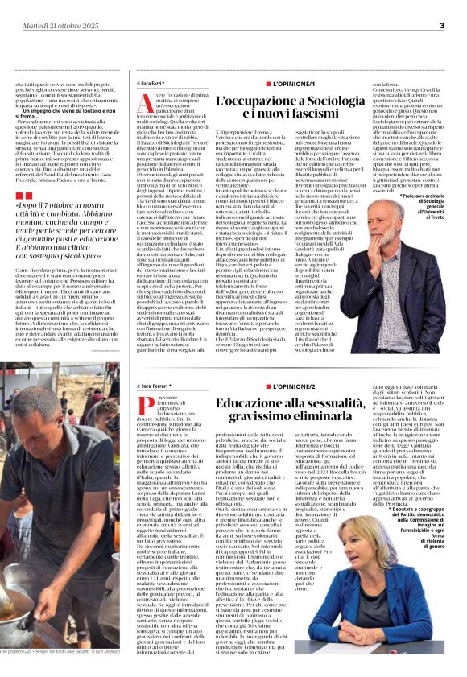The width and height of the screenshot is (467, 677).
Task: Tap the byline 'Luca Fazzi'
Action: click(152, 83)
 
